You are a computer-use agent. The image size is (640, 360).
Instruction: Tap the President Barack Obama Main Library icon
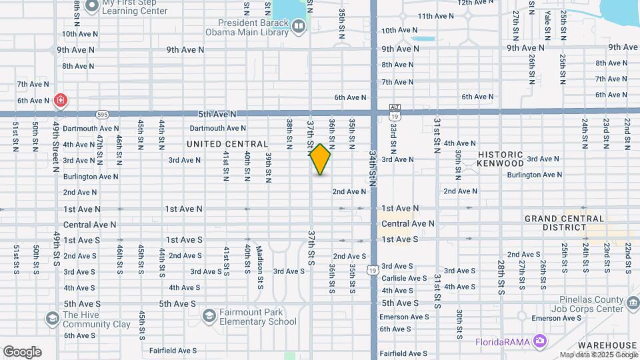coord(298,26)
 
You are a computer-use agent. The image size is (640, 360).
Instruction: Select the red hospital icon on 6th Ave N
coord(61,101)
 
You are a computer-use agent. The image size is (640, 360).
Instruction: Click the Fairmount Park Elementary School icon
coord(209,315)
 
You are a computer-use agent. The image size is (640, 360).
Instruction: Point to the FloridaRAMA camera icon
coord(539,342)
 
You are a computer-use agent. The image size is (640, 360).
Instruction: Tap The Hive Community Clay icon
coord(51,319)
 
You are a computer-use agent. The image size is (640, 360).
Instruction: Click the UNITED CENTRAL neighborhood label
coord(227,144)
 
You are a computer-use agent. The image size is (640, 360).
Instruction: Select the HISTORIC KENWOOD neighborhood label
coord(501,159)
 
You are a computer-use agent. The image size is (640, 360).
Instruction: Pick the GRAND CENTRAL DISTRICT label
coord(565,223)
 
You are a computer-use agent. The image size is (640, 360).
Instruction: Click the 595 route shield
coord(101,114)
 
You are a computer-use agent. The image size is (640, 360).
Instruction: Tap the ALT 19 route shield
coord(395,111)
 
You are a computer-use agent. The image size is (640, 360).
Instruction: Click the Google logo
coord(22,352)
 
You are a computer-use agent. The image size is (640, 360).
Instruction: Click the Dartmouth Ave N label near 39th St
coord(217,128)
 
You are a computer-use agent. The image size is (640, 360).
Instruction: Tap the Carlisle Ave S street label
coord(404,278)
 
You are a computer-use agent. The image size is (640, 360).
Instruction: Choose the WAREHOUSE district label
coord(607,345)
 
